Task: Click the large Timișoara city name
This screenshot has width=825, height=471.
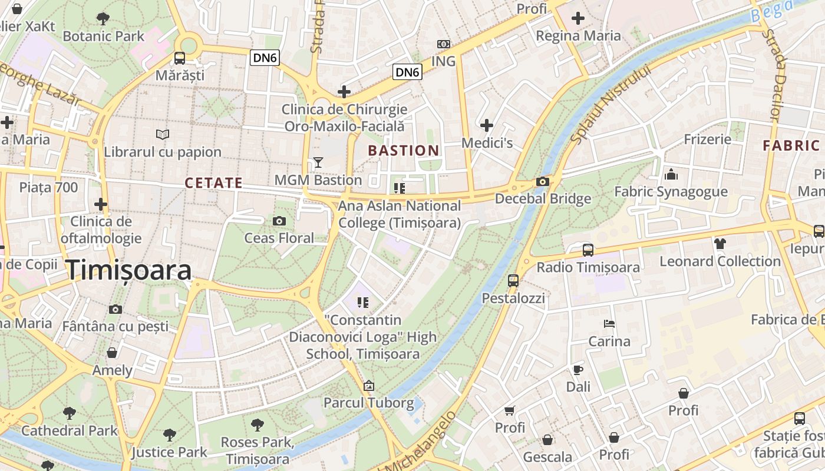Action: coord(128,270)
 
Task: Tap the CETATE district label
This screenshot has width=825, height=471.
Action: coord(213,183)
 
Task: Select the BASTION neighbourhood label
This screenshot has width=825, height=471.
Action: coord(404,151)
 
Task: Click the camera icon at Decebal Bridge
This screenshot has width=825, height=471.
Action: coord(543,181)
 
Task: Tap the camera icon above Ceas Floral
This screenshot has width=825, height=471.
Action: coord(279,221)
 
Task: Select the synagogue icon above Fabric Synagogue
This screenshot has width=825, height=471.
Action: coord(671,174)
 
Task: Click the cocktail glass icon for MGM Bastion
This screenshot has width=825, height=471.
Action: coord(318,162)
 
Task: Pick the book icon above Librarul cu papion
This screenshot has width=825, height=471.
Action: coord(162,135)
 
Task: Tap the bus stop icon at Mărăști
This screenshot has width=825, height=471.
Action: coord(180,58)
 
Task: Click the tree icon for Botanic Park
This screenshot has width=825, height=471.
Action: coord(103,19)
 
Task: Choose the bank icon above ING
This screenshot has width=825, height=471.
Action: coord(443,44)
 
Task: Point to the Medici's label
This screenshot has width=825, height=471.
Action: coord(487,143)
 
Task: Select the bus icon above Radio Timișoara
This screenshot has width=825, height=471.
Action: coord(588,250)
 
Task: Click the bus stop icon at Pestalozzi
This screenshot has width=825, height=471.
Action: coord(513,281)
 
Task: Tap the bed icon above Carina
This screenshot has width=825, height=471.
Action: coord(609,324)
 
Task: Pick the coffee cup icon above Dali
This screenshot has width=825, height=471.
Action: coord(577,370)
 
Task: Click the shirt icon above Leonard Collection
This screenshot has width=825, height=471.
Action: coord(720,244)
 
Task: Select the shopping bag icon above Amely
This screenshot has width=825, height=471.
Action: coord(112,353)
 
